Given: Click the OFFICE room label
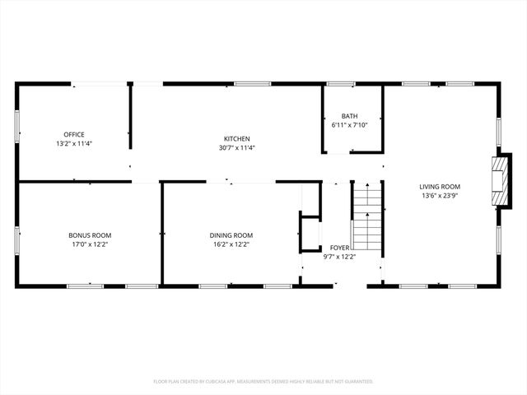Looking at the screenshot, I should (x=74, y=134).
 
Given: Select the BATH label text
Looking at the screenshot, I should (x=350, y=116).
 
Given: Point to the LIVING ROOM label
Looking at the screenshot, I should (x=440, y=187).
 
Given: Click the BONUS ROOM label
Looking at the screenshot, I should (x=90, y=235).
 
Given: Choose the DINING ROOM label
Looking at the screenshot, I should (x=231, y=235).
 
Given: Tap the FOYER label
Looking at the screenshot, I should (x=339, y=247).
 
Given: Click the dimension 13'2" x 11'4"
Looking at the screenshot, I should (x=74, y=144).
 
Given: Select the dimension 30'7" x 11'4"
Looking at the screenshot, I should (x=237, y=148).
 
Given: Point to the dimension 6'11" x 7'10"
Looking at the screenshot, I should (x=350, y=125).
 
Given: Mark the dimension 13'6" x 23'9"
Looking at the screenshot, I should (x=440, y=197).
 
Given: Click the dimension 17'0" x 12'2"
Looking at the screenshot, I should (x=90, y=244).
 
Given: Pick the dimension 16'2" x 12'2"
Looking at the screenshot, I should (x=231, y=244).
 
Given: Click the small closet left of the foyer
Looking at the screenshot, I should (x=309, y=233).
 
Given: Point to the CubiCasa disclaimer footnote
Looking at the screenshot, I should (x=263, y=381).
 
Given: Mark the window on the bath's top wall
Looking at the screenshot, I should (x=340, y=84).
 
